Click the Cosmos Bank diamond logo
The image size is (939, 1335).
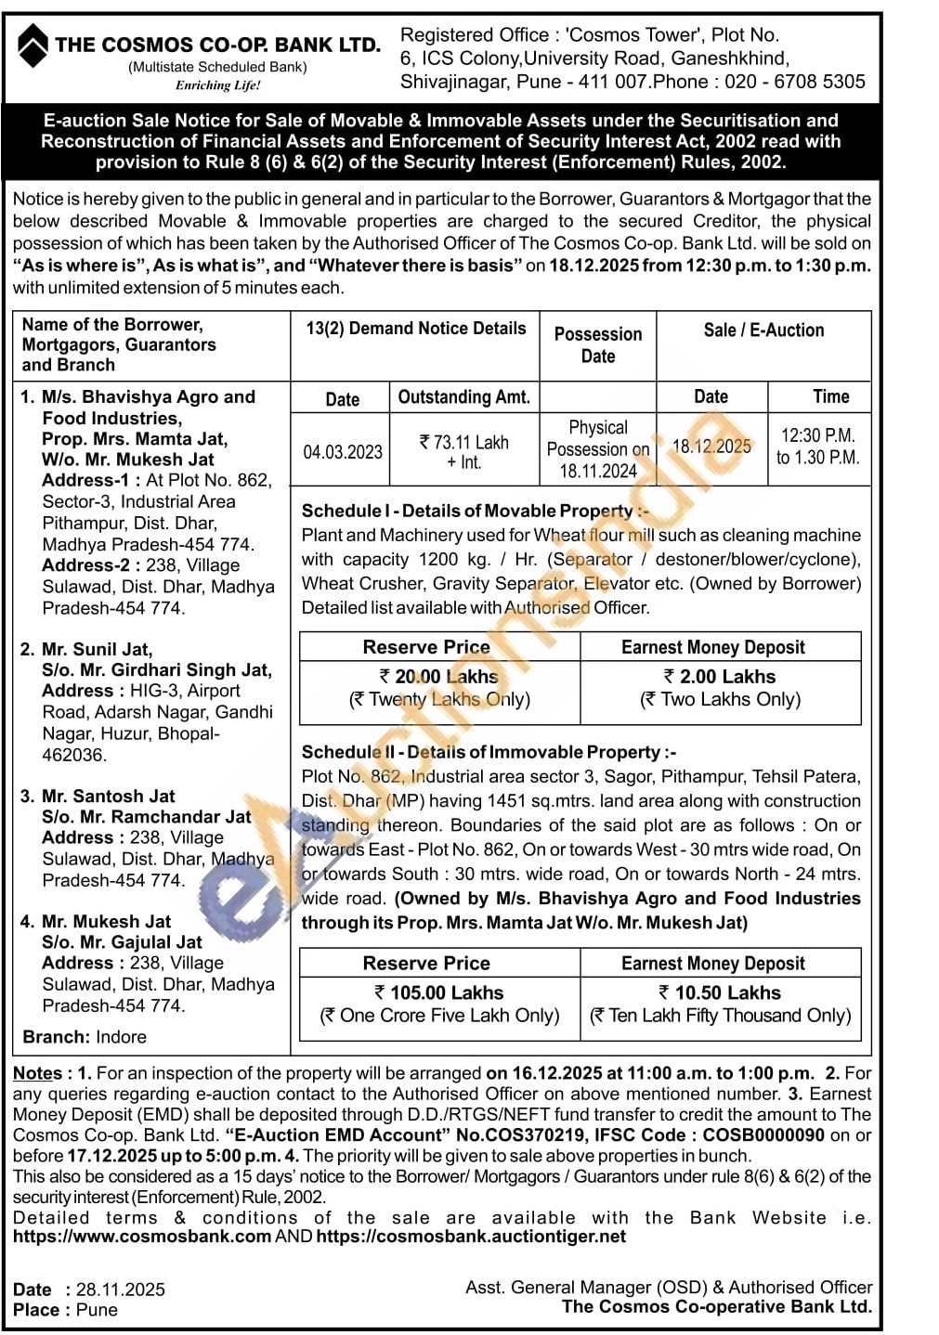(x=33, y=45)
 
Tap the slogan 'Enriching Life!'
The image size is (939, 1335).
(x=218, y=85)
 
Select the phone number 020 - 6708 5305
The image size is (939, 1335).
(x=794, y=82)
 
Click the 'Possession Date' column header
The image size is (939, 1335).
(x=598, y=345)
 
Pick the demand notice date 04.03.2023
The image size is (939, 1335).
(x=343, y=452)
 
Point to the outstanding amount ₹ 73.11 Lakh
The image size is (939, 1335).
(x=464, y=443)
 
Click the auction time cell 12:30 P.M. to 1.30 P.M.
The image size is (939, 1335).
(x=818, y=447)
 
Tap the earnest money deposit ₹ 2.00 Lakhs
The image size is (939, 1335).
(x=720, y=677)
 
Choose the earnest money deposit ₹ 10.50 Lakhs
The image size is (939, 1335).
(x=720, y=992)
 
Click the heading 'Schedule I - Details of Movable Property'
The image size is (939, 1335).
(x=475, y=511)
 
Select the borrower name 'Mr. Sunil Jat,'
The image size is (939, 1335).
(x=97, y=649)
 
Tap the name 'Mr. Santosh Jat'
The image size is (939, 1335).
(x=108, y=796)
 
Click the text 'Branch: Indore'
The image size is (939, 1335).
(x=85, y=1037)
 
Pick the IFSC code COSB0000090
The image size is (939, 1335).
(x=763, y=1135)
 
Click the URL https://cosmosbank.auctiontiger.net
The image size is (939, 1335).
(x=471, y=1237)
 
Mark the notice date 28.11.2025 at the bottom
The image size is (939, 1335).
(x=121, y=1290)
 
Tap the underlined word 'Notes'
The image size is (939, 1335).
(x=37, y=1073)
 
